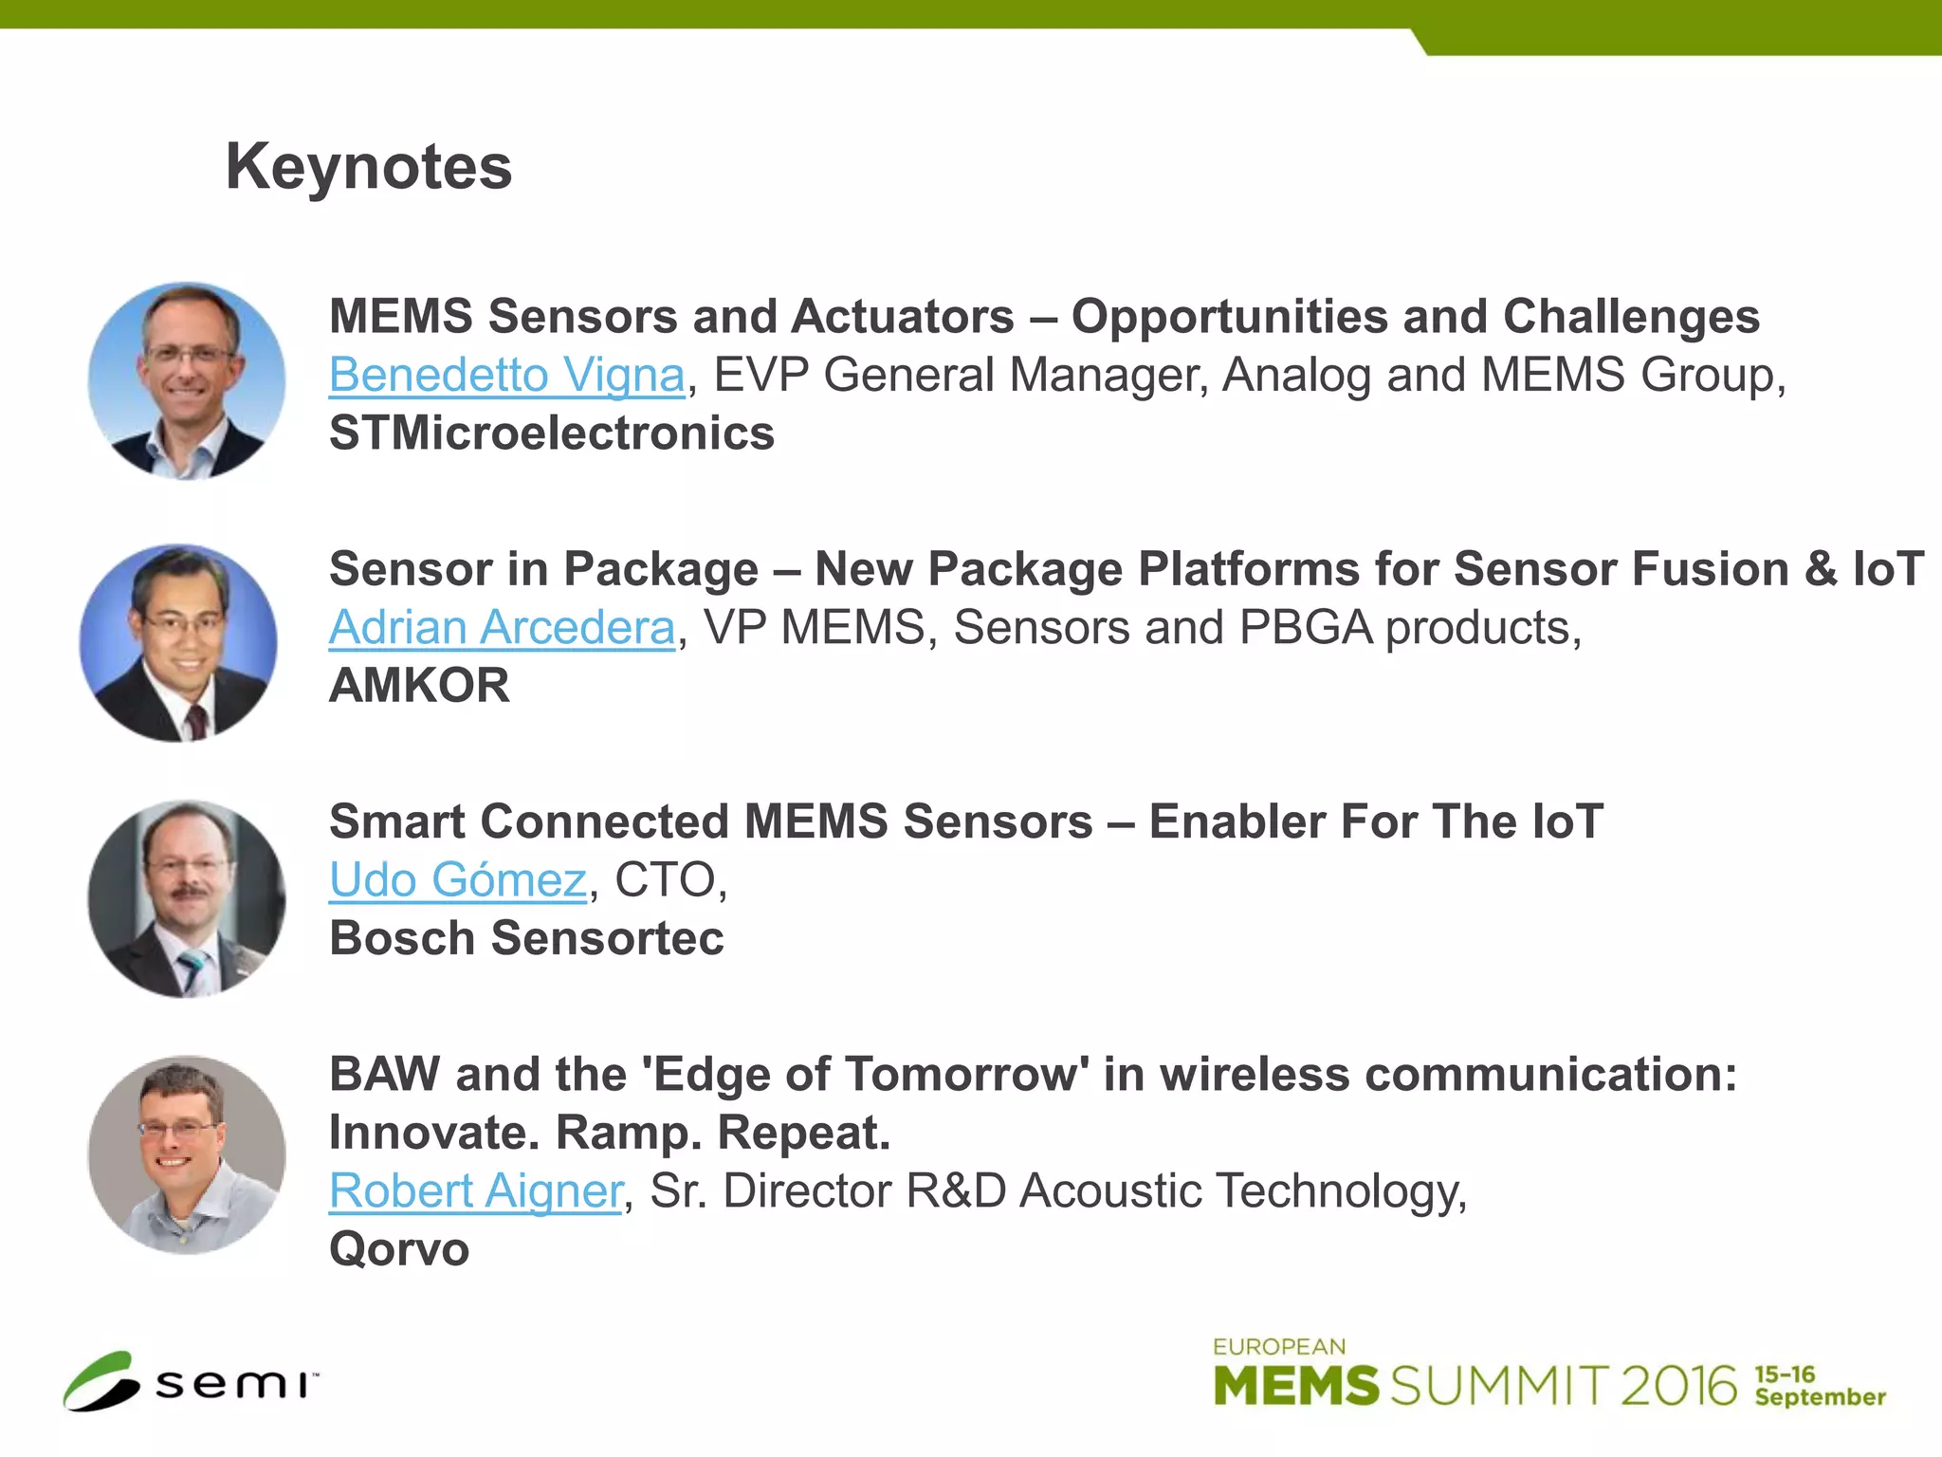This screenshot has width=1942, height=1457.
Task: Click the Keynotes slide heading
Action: click(368, 167)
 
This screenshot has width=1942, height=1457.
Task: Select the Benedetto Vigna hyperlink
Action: click(506, 375)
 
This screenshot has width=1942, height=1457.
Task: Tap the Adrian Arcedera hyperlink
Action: click(502, 628)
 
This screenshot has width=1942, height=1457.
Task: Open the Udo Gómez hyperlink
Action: click(458, 880)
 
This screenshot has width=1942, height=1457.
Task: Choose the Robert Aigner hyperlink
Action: click(476, 1191)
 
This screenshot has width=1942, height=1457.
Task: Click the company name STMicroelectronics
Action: click(552, 433)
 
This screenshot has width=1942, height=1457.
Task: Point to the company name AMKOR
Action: click(419, 686)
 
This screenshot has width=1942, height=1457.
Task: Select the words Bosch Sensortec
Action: click(526, 938)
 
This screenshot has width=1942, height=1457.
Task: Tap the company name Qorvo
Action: click(399, 1249)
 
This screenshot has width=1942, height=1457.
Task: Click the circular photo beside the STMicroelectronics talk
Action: click(187, 380)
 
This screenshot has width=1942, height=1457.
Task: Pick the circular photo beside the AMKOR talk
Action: click(179, 642)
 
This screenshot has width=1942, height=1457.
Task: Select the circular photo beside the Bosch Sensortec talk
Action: click(187, 898)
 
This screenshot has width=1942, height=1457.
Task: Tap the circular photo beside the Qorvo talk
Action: click(187, 1154)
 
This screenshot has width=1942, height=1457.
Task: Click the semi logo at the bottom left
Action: click(191, 1382)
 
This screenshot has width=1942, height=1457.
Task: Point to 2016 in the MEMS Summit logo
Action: click(1677, 1386)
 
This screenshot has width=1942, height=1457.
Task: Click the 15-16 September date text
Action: click(1819, 1387)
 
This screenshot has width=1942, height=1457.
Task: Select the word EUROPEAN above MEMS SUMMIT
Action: click(1279, 1347)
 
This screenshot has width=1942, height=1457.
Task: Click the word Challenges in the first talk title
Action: click(1631, 317)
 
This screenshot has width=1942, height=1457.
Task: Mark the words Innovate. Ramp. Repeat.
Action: click(610, 1133)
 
